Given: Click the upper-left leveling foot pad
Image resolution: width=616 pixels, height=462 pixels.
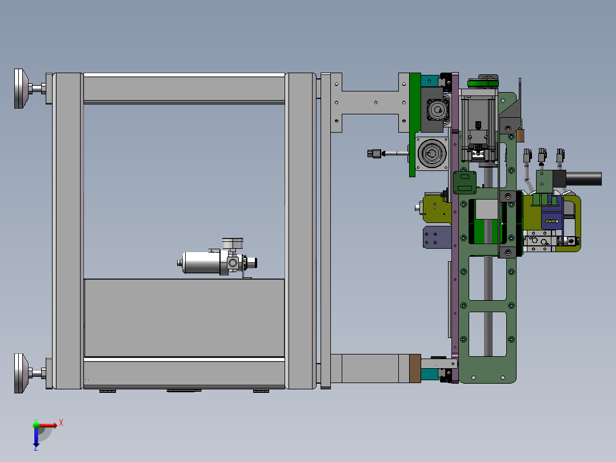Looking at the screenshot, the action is (21, 89).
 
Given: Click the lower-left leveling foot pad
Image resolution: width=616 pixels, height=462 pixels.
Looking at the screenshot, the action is (21, 373).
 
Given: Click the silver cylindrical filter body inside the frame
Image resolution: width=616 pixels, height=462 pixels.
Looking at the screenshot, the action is (201, 262).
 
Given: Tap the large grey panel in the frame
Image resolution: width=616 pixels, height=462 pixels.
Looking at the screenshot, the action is (184, 318).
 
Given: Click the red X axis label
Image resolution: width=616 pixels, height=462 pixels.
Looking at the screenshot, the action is (61, 423).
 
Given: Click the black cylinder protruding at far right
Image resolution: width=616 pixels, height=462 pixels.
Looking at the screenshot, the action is (583, 178).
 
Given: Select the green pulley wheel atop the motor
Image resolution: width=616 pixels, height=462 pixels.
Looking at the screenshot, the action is (483, 83).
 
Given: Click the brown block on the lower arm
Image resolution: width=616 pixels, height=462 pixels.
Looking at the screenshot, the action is (415, 368).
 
